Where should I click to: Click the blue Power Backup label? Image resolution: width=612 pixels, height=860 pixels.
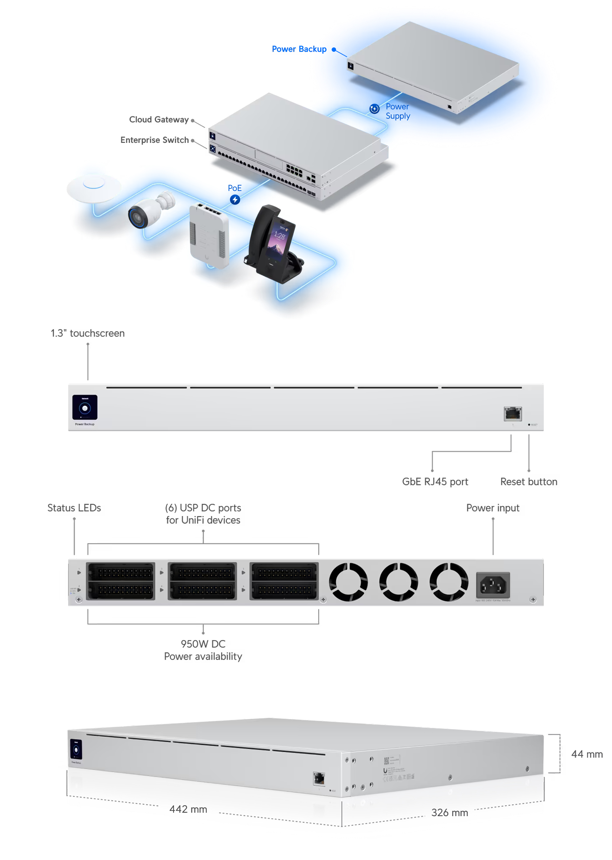299,49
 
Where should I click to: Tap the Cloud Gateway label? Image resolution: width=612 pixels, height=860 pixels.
159,120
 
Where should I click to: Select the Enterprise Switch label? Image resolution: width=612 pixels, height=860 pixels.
155,140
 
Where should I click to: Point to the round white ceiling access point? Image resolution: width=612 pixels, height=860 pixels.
94,187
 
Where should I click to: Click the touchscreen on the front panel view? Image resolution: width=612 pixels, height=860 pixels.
85,407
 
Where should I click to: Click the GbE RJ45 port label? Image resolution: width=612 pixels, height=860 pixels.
435,482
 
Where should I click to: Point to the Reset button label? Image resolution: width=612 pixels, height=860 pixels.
528,482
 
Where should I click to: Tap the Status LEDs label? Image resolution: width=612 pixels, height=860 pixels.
74,508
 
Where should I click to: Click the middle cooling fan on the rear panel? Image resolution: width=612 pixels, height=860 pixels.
398,582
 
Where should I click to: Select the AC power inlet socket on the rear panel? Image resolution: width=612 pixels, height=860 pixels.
493,585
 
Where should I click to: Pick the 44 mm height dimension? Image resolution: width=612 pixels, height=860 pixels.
586,754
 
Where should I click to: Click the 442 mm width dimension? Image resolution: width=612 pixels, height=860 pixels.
188,809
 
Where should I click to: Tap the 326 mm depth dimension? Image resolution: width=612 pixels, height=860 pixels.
449,813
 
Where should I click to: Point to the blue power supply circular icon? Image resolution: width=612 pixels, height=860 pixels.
374,109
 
